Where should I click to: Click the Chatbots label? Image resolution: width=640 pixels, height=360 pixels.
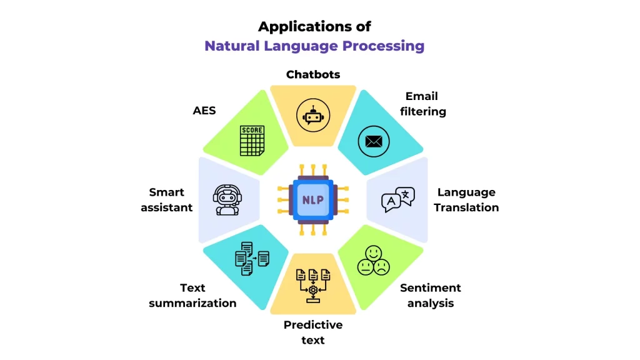(313, 74)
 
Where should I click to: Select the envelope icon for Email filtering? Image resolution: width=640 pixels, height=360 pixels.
(374, 141)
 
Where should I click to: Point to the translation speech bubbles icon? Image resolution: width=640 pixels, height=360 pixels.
(398, 200)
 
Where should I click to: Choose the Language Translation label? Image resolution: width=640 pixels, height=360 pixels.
(466, 200)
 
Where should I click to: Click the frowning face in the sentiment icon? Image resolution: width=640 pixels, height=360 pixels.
(381, 267)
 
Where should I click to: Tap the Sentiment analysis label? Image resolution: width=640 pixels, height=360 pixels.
(431, 295)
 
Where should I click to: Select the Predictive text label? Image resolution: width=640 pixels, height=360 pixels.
(313, 332)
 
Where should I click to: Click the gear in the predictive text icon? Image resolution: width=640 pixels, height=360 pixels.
(313, 289)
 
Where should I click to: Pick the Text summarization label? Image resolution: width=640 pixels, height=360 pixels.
(192, 295)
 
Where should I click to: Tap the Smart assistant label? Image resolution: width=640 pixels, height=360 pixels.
(166, 200)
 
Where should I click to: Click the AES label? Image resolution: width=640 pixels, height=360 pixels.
(204, 111)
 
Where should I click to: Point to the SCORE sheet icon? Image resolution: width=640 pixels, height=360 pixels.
(252, 141)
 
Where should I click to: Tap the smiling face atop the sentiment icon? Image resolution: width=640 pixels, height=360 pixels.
(373, 253)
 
